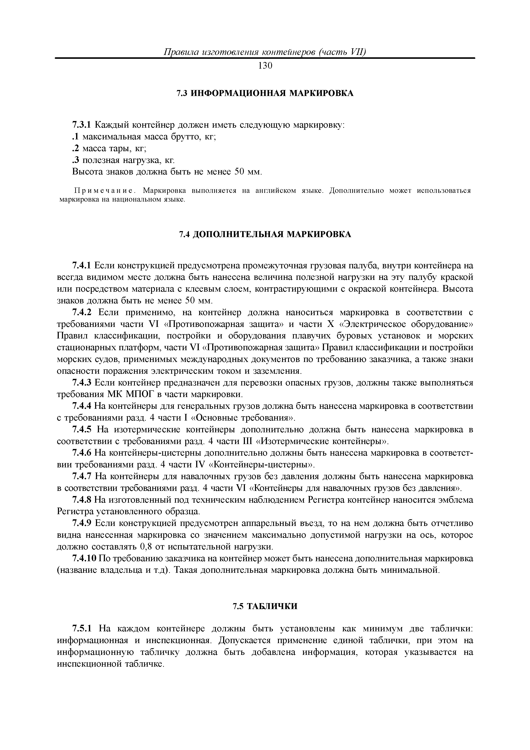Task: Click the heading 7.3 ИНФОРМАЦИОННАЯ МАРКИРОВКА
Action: click(265, 93)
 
